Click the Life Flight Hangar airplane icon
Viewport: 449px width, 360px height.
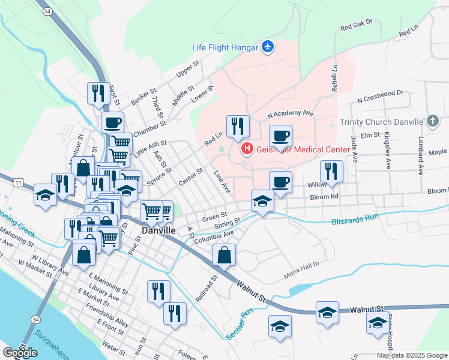click(x=268, y=47)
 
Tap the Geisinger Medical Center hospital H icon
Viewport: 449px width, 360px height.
click(x=245, y=149)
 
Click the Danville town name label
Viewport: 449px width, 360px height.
click(x=158, y=230)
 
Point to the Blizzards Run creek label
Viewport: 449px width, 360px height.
click(x=355, y=221)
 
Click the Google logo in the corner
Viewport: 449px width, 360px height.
click(x=20, y=353)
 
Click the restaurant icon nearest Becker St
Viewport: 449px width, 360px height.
click(x=98, y=93)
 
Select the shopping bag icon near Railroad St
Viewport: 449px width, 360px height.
click(x=224, y=255)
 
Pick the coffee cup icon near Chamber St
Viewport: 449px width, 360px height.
click(x=112, y=122)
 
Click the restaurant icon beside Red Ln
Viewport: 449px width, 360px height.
click(x=238, y=126)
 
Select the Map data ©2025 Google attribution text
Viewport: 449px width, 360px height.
click(x=411, y=355)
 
